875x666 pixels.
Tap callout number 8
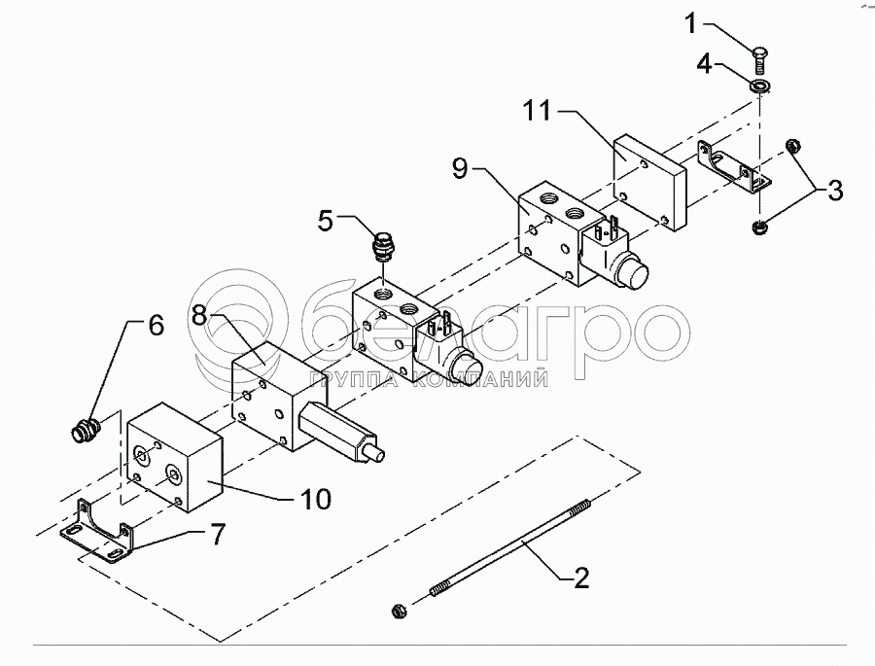pos(198,314)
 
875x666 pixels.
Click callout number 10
pos(314,500)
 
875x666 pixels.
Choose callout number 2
pos(579,578)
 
